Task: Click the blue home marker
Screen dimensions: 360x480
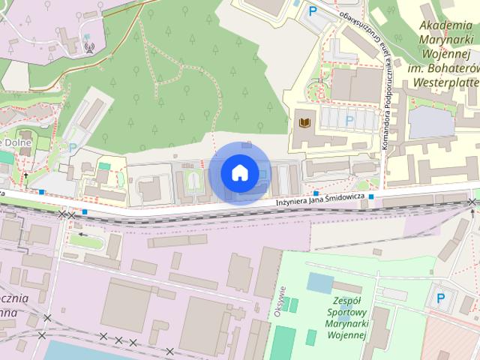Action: click(239, 172)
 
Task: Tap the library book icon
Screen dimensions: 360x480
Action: click(304, 122)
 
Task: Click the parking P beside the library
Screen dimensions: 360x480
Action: click(349, 120)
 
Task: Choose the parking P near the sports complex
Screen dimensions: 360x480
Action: click(440, 298)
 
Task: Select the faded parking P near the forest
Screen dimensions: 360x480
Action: click(73, 148)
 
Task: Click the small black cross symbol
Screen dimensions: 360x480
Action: click(26, 175)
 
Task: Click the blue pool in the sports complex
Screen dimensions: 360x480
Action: click(319, 283)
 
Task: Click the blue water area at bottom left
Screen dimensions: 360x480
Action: click(75, 351)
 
